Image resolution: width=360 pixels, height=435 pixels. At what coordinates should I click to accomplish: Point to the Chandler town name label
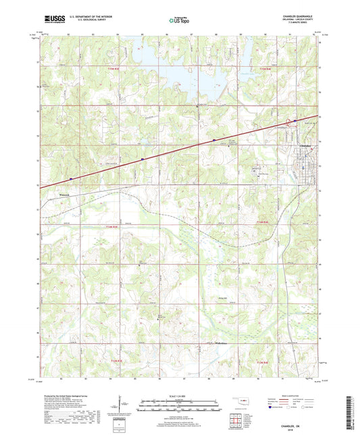pyautogui.click(x=305, y=145)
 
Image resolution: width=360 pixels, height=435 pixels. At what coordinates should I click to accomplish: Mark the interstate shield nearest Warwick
pyautogui.click(x=71, y=179)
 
